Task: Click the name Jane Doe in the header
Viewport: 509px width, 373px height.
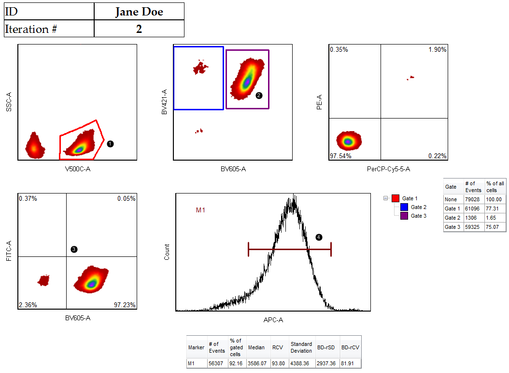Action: [x=139, y=12]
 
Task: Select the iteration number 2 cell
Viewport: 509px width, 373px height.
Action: [x=139, y=29]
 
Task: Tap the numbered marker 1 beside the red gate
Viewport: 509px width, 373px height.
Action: [x=110, y=144]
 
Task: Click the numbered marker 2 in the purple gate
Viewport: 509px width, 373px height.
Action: [x=259, y=96]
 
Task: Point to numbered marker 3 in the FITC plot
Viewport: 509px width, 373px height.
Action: [x=74, y=249]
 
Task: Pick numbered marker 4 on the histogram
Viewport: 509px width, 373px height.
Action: [x=319, y=237]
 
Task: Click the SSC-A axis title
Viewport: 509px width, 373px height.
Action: [x=9, y=102]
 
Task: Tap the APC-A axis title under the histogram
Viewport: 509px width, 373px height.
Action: [x=273, y=320]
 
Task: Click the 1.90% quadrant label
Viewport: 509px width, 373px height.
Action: [x=437, y=50]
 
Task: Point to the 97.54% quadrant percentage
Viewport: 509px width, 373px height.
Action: [x=340, y=156]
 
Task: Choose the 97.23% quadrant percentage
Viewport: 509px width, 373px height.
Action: [x=125, y=305]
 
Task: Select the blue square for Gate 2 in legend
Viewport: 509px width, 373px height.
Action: [x=404, y=207]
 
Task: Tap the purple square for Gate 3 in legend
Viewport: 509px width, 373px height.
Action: [x=404, y=216]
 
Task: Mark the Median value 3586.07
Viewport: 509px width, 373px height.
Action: [x=256, y=363]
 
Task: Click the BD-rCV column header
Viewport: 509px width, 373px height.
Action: [x=350, y=347]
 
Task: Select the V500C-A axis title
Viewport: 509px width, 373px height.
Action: [x=77, y=169]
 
